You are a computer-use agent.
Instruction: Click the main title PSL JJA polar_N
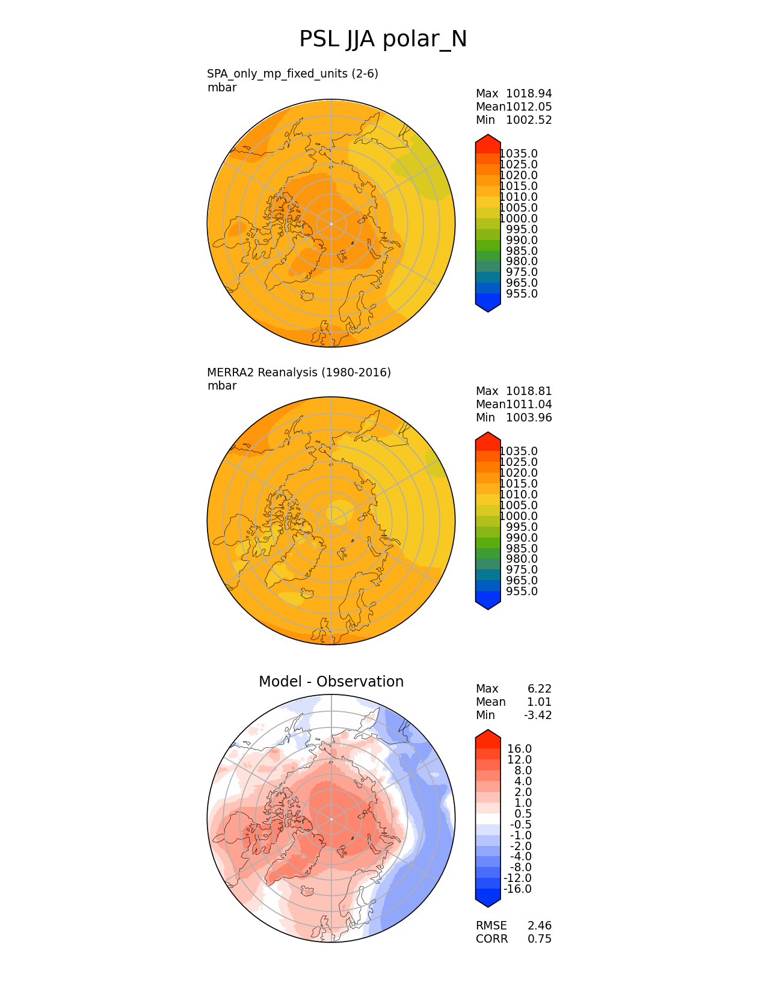coord(383,40)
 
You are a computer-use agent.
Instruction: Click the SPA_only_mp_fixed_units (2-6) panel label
coord(292,74)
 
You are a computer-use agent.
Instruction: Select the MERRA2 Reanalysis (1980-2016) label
coord(299,373)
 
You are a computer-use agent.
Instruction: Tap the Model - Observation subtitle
coord(331,682)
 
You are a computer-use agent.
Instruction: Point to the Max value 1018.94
coord(529,94)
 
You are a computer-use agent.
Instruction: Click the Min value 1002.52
coord(529,120)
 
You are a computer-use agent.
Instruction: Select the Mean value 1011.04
coord(529,405)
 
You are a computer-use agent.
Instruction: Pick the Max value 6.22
coord(539,689)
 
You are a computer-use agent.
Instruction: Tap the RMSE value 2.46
coord(539,926)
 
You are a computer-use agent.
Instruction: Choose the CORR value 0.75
coord(539,939)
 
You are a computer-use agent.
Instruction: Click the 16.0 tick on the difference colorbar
coord(519,749)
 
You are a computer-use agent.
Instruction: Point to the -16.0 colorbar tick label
coord(517,889)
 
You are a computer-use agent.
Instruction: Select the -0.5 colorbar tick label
coord(519,825)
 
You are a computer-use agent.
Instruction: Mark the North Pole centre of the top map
coord(331,224)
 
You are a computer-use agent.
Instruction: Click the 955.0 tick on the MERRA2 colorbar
coord(522,592)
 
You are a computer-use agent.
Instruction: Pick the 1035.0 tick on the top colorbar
coord(519,154)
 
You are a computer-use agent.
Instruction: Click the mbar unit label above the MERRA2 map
coord(222,386)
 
